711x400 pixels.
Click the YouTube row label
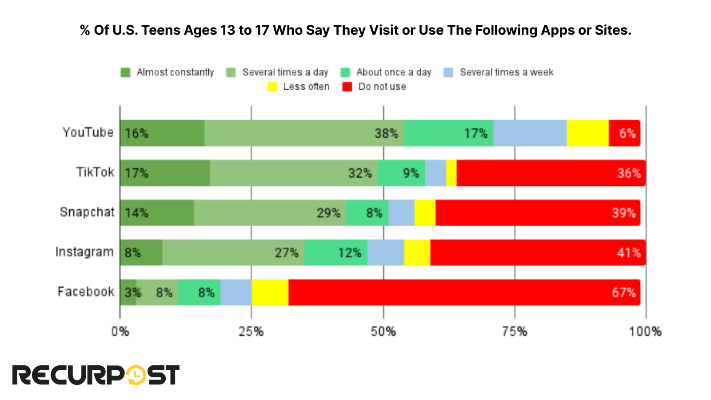pyautogui.click(x=88, y=132)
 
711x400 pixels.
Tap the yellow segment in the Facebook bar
pyautogui.click(x=270, y=292)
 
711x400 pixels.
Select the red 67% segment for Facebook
pyautogui.click(x=464, y=292)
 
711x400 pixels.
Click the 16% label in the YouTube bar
pyautogui.click(x=136, y=133)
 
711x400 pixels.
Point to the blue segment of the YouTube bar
pyautogui.click(x=530, y=133)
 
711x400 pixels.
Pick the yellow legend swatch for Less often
pyautogui.click(x=272, y=87)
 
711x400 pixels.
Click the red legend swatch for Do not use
pyautogui.click(x=347, y=87)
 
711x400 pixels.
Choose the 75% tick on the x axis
pyautogui.click(x=515, y=332)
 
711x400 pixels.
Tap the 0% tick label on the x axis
pyautogui.click(x=120, y=332)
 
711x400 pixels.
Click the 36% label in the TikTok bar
pyautogui.click(x=629, y=173)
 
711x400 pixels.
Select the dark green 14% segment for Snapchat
pyautogui.click(x=157, y=213)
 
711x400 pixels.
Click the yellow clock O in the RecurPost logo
pyautogui.click(x=136, y=375)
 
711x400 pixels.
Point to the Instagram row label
pyautogui.click(x=84, y=252)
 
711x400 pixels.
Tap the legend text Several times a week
pyautogui.click(x=507, y=72)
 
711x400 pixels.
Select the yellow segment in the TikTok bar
pyautogui.click(x=451, y=173)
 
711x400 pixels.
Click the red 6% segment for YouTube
pyautogui.click(x=624, y=133)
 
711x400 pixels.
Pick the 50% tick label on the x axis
pyautogui.click(x=383, y=332)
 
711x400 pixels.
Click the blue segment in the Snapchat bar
pyautogui.click(x=401, y=213)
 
